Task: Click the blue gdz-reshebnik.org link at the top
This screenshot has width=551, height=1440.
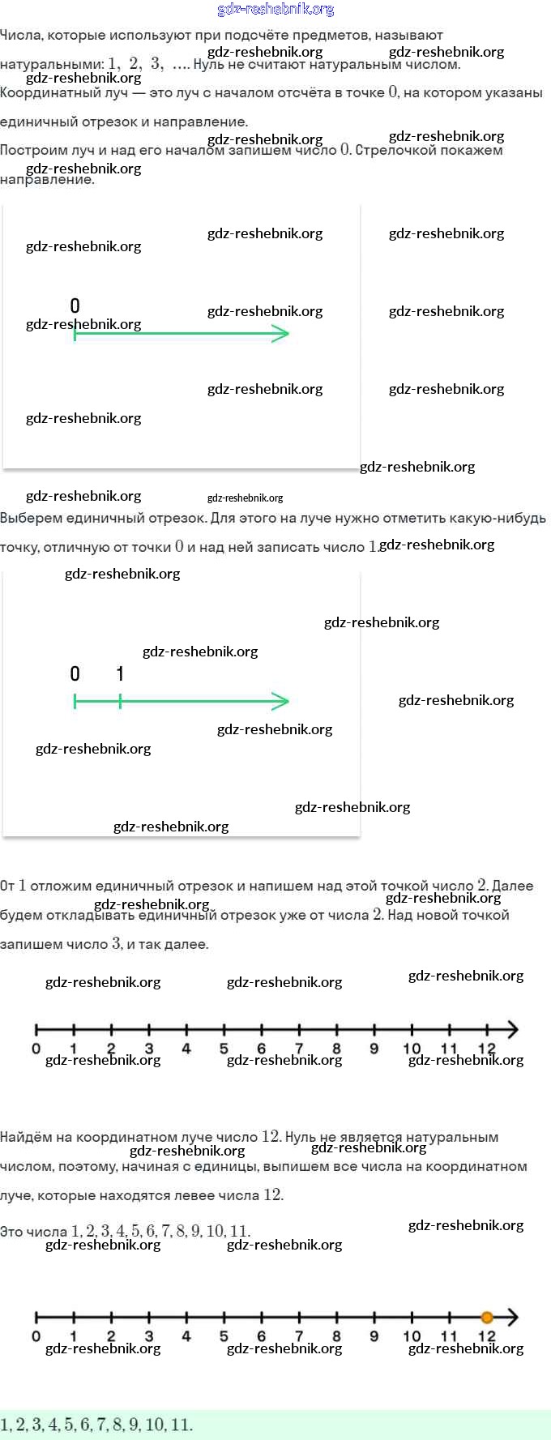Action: [275, 10]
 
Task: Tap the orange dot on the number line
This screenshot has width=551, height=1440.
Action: [487, 1317]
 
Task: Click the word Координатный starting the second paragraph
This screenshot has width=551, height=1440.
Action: [64, 93]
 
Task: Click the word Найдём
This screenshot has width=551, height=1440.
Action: [26, 1138]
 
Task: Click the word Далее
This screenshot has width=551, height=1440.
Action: [513, 886]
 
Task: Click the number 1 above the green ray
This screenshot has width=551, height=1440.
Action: [120, 673]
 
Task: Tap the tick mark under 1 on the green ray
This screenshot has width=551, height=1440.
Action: [120, 702]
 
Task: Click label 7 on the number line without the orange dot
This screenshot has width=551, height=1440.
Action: [299, 1049]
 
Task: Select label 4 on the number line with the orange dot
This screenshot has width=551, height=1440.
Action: [186, 1336]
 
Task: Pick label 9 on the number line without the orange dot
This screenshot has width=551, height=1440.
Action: [374, 1049]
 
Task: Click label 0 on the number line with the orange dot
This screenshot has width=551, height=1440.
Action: [36, 1336]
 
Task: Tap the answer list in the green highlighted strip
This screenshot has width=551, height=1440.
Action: [96, 1425]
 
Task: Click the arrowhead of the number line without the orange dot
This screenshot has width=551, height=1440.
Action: [512, 1030]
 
